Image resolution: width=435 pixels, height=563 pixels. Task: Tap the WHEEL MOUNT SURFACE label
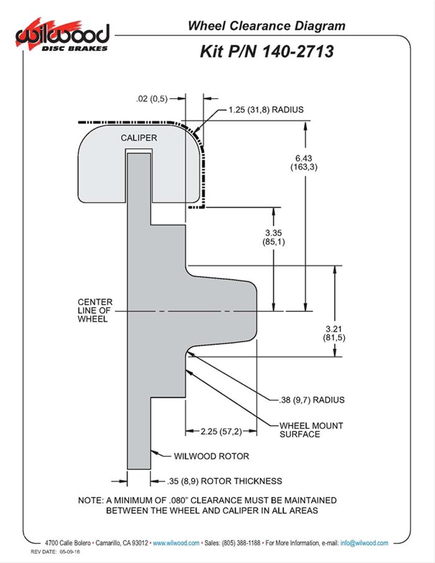pyautogui.click(x=303, y=429)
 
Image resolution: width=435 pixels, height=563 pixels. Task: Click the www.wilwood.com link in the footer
pyautogui.click(x=176, y=543)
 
